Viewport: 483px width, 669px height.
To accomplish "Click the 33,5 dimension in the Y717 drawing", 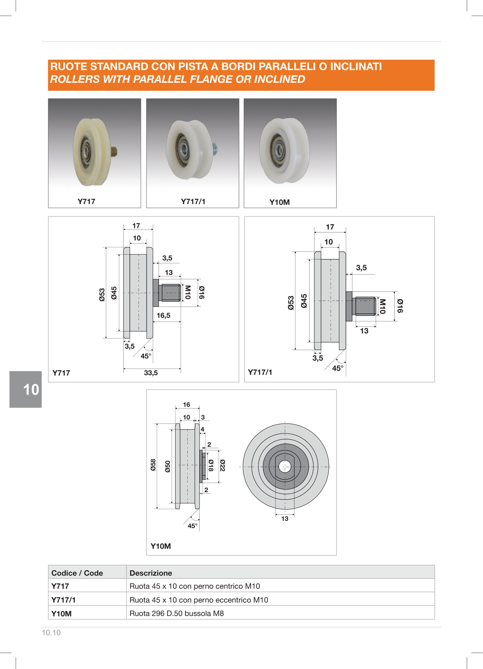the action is click(x=151, y=373).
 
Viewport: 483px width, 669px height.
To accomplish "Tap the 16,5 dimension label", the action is click(x=163, y=316).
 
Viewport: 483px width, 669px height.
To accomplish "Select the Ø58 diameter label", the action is click(x=153, y=465).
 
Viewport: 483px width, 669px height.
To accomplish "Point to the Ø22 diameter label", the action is click(x=223, y=465).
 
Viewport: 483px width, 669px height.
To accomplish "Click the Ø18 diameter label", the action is click(x=211, y=465).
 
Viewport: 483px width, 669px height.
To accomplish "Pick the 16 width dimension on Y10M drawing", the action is click(x=187, y=405).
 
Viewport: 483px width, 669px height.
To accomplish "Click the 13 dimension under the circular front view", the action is click(x=285, y=519).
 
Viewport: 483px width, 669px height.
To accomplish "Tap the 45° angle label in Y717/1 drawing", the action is click(x=338, y=368).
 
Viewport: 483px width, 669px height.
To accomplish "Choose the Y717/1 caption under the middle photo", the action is click(x=193, y=202).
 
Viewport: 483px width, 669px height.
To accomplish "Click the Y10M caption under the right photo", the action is click(x=280, y=202).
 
